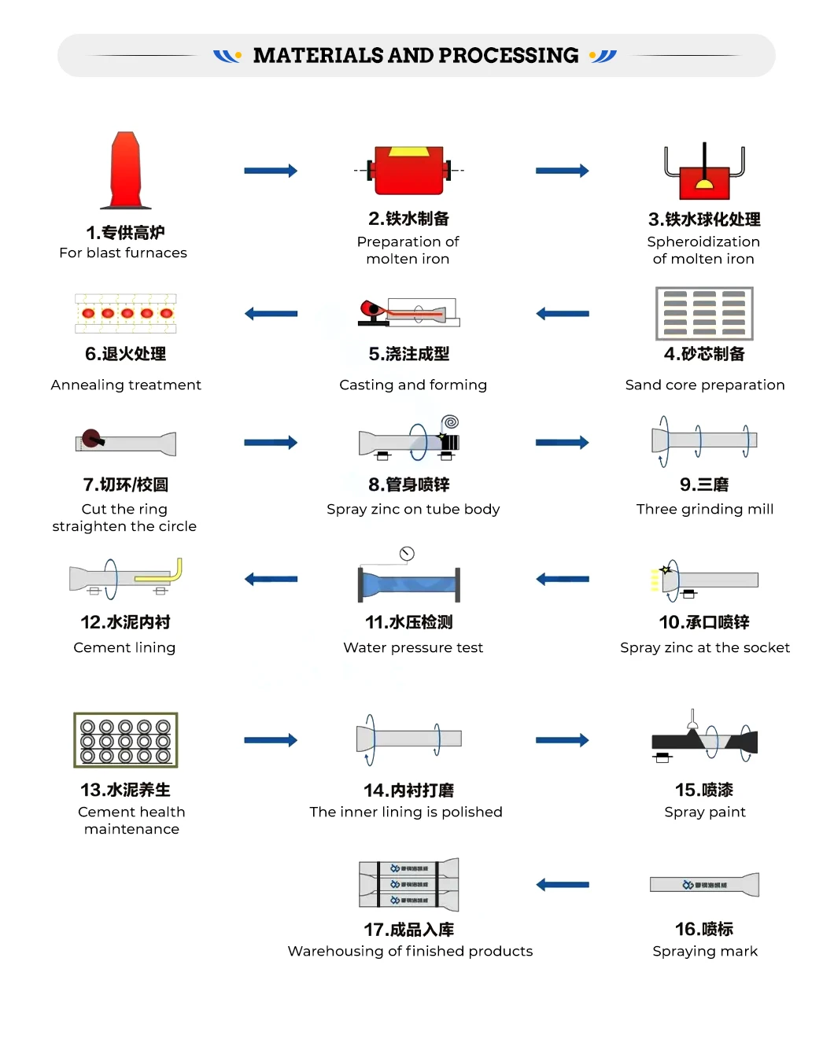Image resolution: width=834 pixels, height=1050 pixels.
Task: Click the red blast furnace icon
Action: [x=126, y=171]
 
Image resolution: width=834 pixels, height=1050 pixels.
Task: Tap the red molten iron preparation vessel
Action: [x=409, y=170]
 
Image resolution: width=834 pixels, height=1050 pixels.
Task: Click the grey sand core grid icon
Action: [x=704, y=313]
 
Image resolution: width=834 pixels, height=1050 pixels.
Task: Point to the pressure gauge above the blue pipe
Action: [x=407, y=554]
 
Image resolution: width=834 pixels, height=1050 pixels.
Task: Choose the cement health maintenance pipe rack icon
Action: [x=126, y=740]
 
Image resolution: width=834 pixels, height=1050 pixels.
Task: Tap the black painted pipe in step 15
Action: [x=704, y=740]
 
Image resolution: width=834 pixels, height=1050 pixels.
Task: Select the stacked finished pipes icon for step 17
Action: [x=409, y=885]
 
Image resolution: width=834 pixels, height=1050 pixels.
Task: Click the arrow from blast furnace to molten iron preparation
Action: [x=271, y=171]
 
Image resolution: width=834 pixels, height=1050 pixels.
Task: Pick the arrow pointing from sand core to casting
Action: [x=563, y=314]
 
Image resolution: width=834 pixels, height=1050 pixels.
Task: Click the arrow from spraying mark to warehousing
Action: [x=563, y=885]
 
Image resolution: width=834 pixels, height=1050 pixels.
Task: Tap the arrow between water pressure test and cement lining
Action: [x=271, y=580]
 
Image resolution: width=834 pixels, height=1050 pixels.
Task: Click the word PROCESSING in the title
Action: [x=508, y=55]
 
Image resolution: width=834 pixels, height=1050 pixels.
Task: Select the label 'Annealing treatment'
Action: [x=126, y=385]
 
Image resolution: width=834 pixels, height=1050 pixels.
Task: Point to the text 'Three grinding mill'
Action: [x=705, y=509]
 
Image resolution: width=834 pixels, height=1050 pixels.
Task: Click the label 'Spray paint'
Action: [x=705, y=812]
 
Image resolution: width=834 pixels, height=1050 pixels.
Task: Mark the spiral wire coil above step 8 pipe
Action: [x=450, y=422]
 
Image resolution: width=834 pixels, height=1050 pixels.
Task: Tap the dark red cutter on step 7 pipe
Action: [x=92, y=437]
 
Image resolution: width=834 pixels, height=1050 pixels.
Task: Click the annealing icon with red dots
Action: [x=126, y=313]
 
